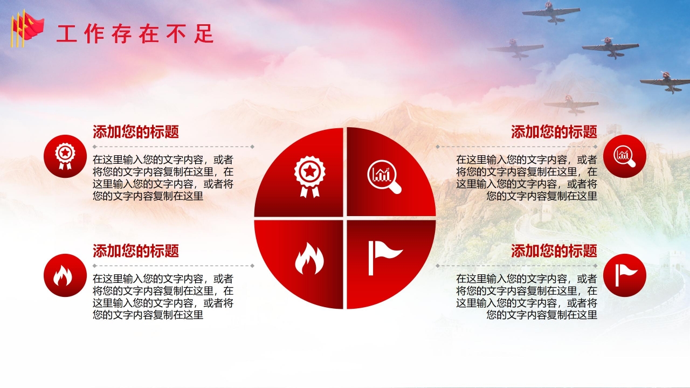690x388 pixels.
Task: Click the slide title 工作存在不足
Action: [135, 34]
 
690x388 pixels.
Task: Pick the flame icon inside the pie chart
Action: [309, 259]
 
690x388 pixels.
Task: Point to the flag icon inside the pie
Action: [384, 257]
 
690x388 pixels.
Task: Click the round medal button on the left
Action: [65, 156]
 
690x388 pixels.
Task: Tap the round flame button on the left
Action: [65, 275]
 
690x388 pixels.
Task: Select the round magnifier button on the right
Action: [624, 156]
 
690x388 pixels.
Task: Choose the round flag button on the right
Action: [624, 275]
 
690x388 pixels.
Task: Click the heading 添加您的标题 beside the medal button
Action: [136, 132]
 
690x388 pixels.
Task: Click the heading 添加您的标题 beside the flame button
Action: [136, 251]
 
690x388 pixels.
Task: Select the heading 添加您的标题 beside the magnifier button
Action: [554, 132]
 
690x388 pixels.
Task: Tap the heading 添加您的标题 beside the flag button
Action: [554, 251]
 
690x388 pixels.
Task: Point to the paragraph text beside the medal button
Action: [163, 178]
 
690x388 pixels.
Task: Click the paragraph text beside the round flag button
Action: [527, 297]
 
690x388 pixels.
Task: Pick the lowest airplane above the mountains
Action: [571, 103]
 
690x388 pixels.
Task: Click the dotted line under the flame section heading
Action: [172, 266]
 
